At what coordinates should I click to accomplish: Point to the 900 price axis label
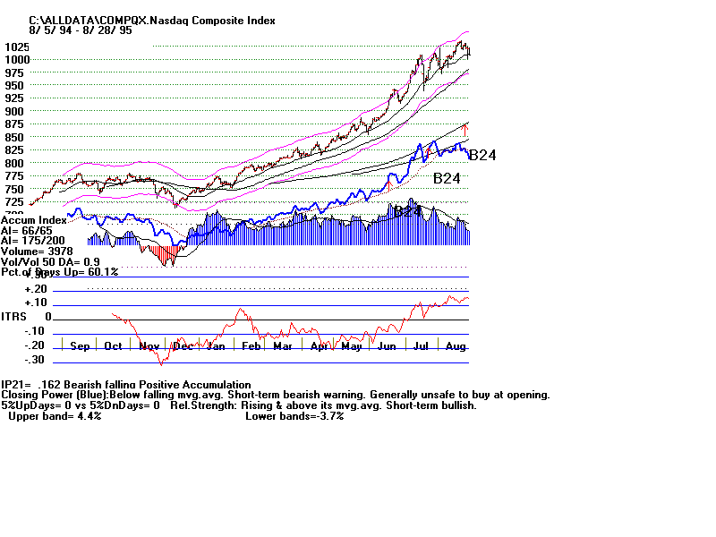pos(14,112)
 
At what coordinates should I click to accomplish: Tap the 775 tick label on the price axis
pos(14,177)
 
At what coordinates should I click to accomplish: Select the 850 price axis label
pos(14,138)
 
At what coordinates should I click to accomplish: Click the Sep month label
pos(80,345)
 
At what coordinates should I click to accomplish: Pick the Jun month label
pos(387,345)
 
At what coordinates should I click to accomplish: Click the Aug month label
pos(454,345)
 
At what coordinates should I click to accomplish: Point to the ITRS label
pos(14,317)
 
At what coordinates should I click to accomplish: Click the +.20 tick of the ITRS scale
pos(36,289)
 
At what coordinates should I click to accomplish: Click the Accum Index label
pos(33,220)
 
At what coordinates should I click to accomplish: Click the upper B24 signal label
pos(482,155)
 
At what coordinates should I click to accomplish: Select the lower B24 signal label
pos(447,179)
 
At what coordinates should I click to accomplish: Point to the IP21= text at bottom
pos(17,384)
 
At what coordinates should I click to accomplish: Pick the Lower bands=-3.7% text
pos(296,416)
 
